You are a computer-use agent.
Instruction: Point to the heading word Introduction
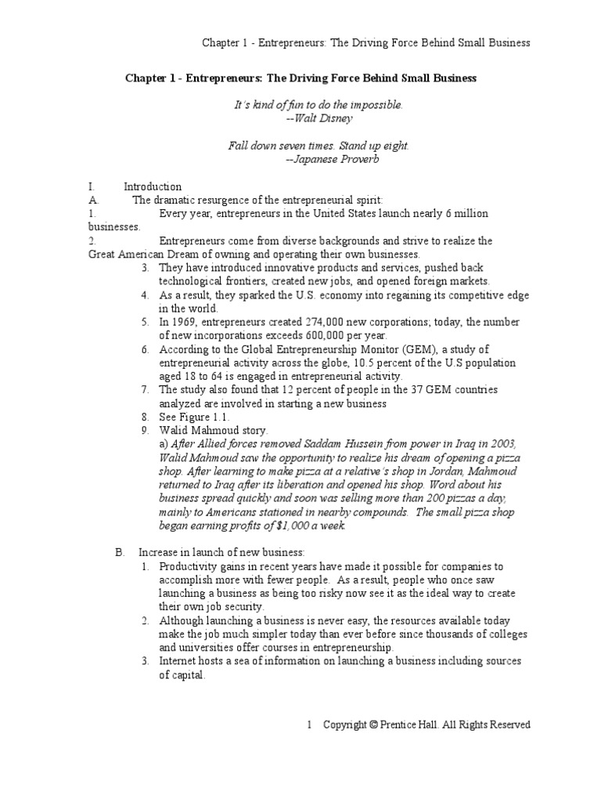pos(153,187)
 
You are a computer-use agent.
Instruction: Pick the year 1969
pos(185,323)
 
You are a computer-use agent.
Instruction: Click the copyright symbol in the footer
pos(372,724)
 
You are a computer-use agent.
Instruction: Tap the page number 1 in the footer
pos(310,724)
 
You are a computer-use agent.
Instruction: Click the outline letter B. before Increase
pos(120,552)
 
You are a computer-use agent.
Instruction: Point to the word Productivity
pos(189,565)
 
